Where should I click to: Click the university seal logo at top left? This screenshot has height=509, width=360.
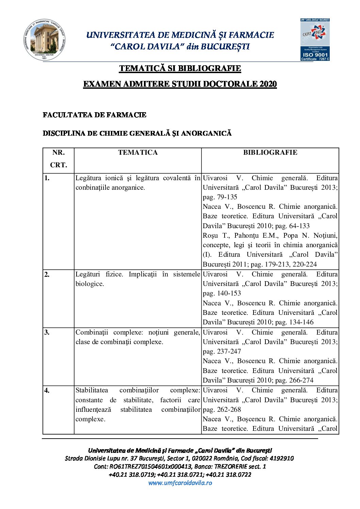pyautogui.click(x=45, y=40)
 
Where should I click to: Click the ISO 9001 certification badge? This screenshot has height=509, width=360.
pyautogui.click(x=315, y=40)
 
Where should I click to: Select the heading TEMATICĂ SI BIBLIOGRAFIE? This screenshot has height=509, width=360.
pyautogui.click(x=180, y=68)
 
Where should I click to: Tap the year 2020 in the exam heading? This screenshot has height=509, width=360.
pyautogui.click(x=268, y=84)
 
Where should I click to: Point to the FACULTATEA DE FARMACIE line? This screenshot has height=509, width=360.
pyautogui.click(x=95, y=115)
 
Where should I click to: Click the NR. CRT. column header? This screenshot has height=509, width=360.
pyautogui.click(x=59, y=159)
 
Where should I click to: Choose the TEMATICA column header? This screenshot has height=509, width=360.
pyautogui.click(x=138, y=153)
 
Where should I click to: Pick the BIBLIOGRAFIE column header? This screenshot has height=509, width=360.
pyautogui.click(x=270, y=153)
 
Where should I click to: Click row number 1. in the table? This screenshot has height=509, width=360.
pyautogui.click(x=47, y=178)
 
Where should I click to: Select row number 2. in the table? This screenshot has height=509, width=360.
pyautogui.click(x=47, y=274)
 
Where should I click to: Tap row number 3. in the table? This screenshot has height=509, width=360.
pyautogui.click(x=47, y=332)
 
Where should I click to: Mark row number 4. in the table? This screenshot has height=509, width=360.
pyautogui.click(x=47, y=390)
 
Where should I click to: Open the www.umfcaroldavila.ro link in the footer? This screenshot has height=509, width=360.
pyautogui.click(x=180, y=483)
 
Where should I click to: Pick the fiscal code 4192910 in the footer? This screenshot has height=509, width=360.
pyautogui.click(x=281, y=458)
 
